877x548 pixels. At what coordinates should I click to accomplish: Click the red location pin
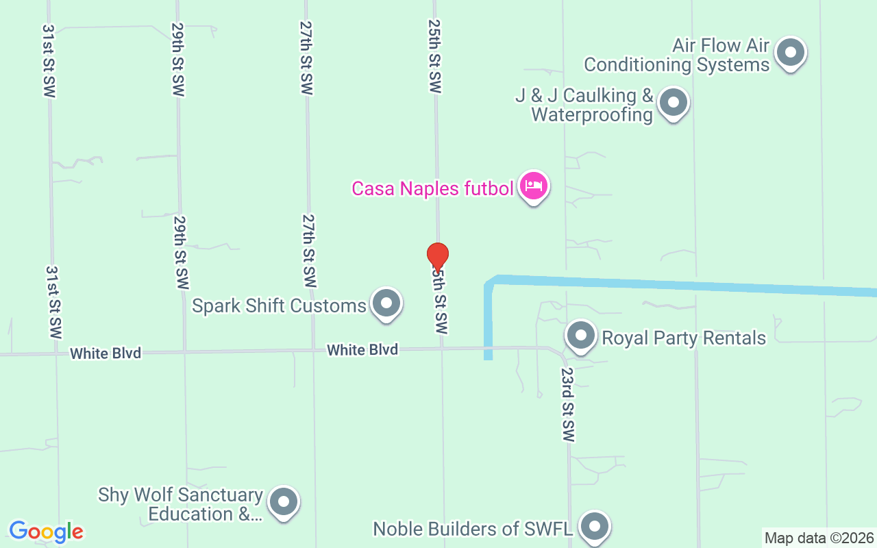pos(437,257)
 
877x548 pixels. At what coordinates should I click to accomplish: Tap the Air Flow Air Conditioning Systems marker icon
pos(790,52)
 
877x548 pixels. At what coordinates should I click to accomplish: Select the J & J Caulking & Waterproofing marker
pos(673,103)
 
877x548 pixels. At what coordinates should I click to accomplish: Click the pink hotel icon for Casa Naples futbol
pos(533,186)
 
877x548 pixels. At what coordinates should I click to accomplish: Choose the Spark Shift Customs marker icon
pos(386,303)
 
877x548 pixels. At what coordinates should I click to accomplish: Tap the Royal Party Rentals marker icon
pos(581,336)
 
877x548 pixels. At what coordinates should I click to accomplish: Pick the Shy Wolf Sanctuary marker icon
pos(283,503)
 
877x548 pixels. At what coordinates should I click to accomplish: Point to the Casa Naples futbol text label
pos(432,188)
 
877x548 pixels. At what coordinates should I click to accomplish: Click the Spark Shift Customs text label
pos(279,306)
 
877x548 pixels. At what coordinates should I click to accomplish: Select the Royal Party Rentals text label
pos(683,338)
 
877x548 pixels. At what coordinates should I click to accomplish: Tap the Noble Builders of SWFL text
pos(473,530)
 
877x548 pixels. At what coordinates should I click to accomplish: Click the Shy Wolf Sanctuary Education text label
pos(181,504)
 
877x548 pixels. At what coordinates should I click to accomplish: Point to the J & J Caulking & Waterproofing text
pos(584,105)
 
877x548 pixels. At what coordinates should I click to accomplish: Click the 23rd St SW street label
pos(567,405)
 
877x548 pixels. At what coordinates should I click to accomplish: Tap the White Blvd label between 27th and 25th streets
pos(362,350)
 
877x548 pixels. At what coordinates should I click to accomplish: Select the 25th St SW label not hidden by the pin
pos(434,56)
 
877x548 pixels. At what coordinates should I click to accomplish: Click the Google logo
pos(46,532)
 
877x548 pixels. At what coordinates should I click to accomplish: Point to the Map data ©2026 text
pos(819,538)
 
